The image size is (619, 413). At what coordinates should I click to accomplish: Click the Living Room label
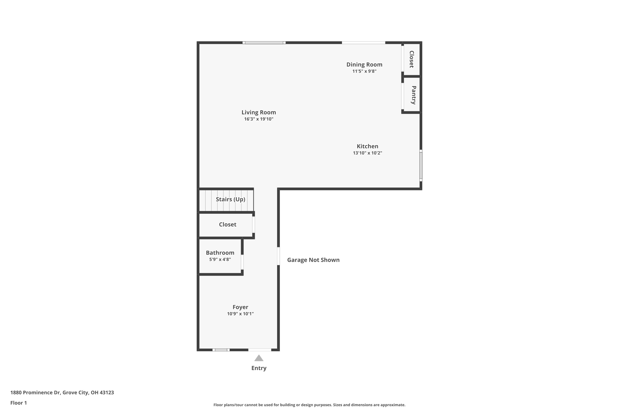[x=259, y=113]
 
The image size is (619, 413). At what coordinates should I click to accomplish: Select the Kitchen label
[x=367, y=146]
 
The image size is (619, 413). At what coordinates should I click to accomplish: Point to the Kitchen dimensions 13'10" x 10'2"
[x=367, y=153]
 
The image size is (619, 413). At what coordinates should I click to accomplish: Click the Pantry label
[x=413, y=95]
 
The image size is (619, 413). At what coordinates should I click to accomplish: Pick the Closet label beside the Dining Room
[x=412, y=59]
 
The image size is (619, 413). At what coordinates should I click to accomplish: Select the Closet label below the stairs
[x=227, y=224]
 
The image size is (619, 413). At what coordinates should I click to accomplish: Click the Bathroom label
[x=220, y=253]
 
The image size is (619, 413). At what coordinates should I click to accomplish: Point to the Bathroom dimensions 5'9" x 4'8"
[x=220, y=259]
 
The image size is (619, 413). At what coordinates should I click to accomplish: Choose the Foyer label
[x=240, y=307]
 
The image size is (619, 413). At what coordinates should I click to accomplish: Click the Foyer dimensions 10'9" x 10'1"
[x=240, y=314]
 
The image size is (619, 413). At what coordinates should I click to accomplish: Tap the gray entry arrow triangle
[x=259, y=358]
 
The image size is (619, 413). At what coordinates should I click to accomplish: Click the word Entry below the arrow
[x=259, y=368]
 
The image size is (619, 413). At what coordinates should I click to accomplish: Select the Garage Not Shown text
[x=313, y=260]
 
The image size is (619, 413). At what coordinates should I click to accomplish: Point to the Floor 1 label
[x=18, y=403]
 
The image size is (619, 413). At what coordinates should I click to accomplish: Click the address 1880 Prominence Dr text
[x=62, y=393]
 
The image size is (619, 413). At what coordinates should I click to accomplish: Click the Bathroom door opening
[x=242, y=262]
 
